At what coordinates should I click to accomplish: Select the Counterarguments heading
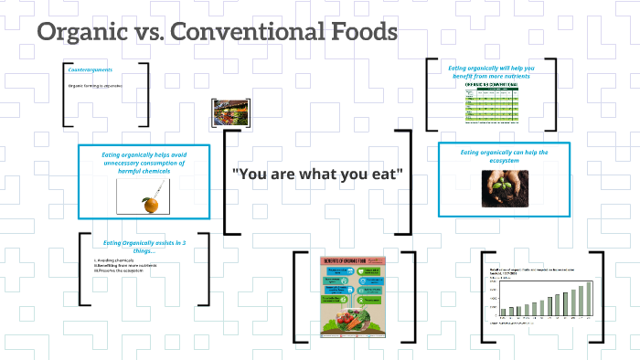91,69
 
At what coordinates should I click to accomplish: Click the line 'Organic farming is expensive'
95,86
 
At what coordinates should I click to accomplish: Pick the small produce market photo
225,111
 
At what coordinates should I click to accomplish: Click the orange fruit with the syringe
148,202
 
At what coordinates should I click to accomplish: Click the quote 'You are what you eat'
317,174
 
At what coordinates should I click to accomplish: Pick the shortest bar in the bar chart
502,312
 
